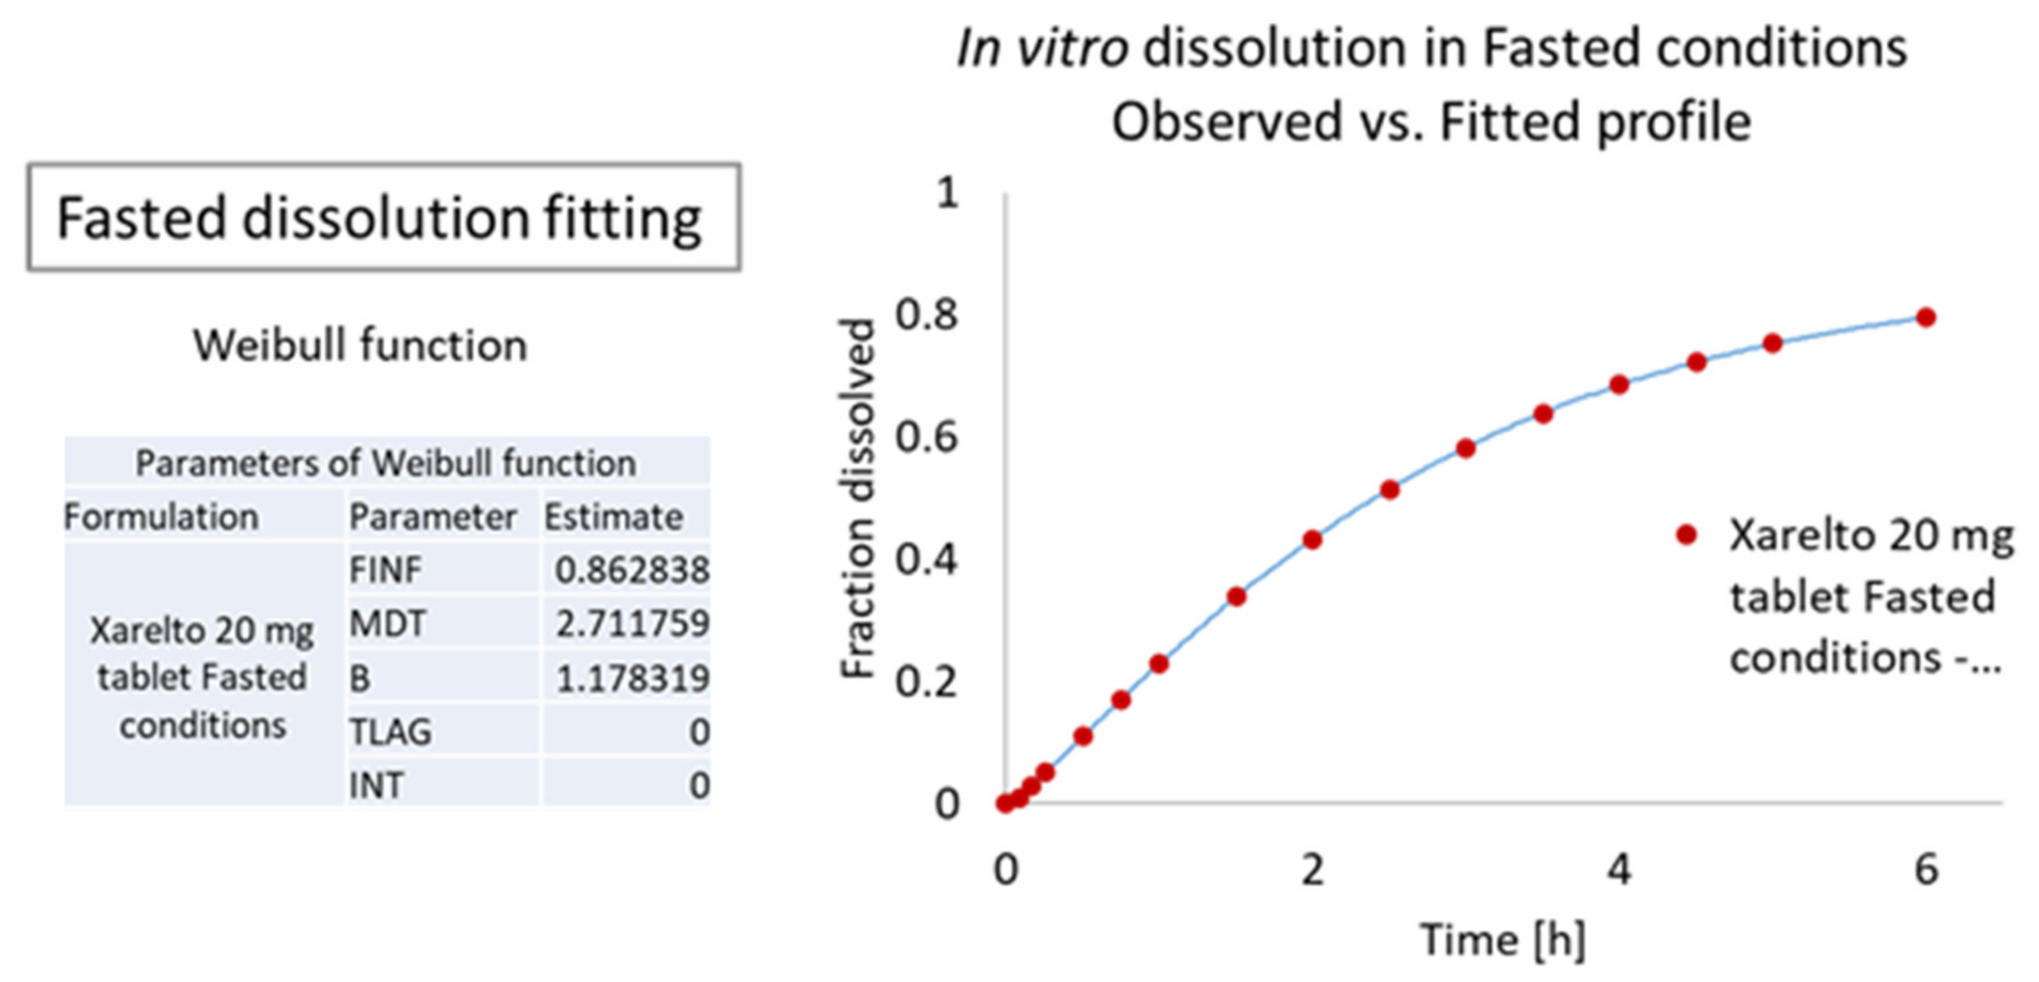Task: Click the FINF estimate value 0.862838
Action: click(631, 570)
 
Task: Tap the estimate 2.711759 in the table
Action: click(631, 624)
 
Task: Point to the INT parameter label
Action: click(376, 786)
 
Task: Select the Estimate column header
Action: click(613, 517)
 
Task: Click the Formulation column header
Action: click(162, 517)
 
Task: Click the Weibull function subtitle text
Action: click(360, 346)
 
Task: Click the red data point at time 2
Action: click(1312, 539)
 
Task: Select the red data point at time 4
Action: click(1619, 385)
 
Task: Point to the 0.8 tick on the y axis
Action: click(926, 315)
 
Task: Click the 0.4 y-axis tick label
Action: click(926, 560)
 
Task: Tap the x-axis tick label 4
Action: click(1619, 870)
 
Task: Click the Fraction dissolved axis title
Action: click(858, 498)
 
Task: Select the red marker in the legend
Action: click(1686, 536)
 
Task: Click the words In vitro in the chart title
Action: click(1042, 49)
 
